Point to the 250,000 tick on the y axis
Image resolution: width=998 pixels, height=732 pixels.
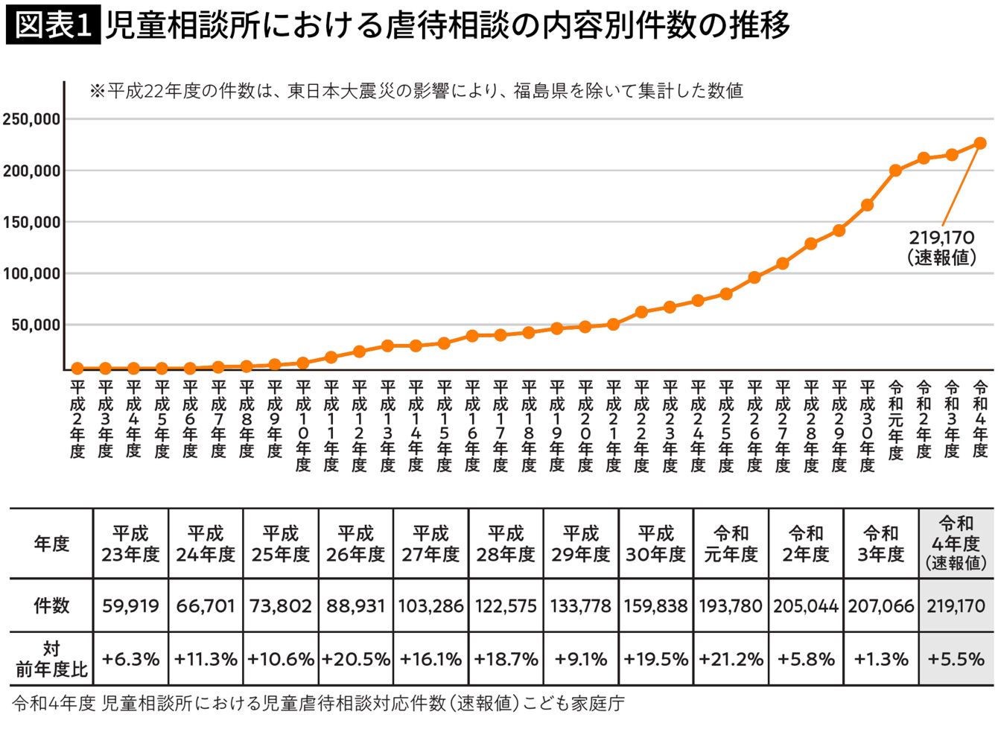[x=32, y=119]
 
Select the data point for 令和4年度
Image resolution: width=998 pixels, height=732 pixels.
[x=979, y=143]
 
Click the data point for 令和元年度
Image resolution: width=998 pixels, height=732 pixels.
[x=895, y=171]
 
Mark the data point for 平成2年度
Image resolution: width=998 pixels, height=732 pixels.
[x=77, y=368]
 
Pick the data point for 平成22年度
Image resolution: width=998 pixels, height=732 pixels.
[x=641, y=312]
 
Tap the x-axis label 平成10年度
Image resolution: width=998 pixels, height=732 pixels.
[x=302, y=425]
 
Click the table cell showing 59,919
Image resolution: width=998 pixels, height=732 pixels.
[x=130, y=605]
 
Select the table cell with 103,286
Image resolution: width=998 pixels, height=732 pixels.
[x=430, y=605]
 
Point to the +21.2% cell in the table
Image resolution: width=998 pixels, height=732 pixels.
[x=731, y=659]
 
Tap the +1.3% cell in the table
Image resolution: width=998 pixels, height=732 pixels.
[x=880, y=659]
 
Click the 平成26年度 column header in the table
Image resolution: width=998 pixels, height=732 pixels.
[x=355, y=544]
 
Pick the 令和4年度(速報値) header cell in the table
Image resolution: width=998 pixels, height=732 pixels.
[x=956, y=544]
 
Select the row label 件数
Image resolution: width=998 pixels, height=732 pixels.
[x=51, y=605]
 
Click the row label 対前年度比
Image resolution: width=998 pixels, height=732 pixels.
[x=51, y=659]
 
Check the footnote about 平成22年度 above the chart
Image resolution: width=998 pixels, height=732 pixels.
[x=416, y=91]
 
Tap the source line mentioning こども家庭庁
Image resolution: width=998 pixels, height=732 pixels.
[x=319, y=703]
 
